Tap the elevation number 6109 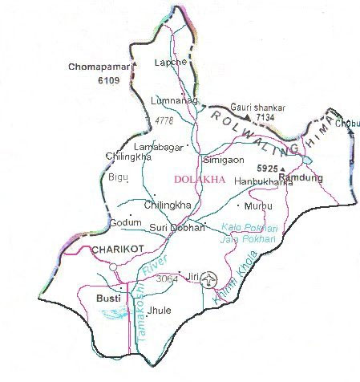[108, 81]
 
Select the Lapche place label [170, 62]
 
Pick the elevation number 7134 [266, 117]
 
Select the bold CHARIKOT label [116, 251]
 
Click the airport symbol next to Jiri [209, 278]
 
